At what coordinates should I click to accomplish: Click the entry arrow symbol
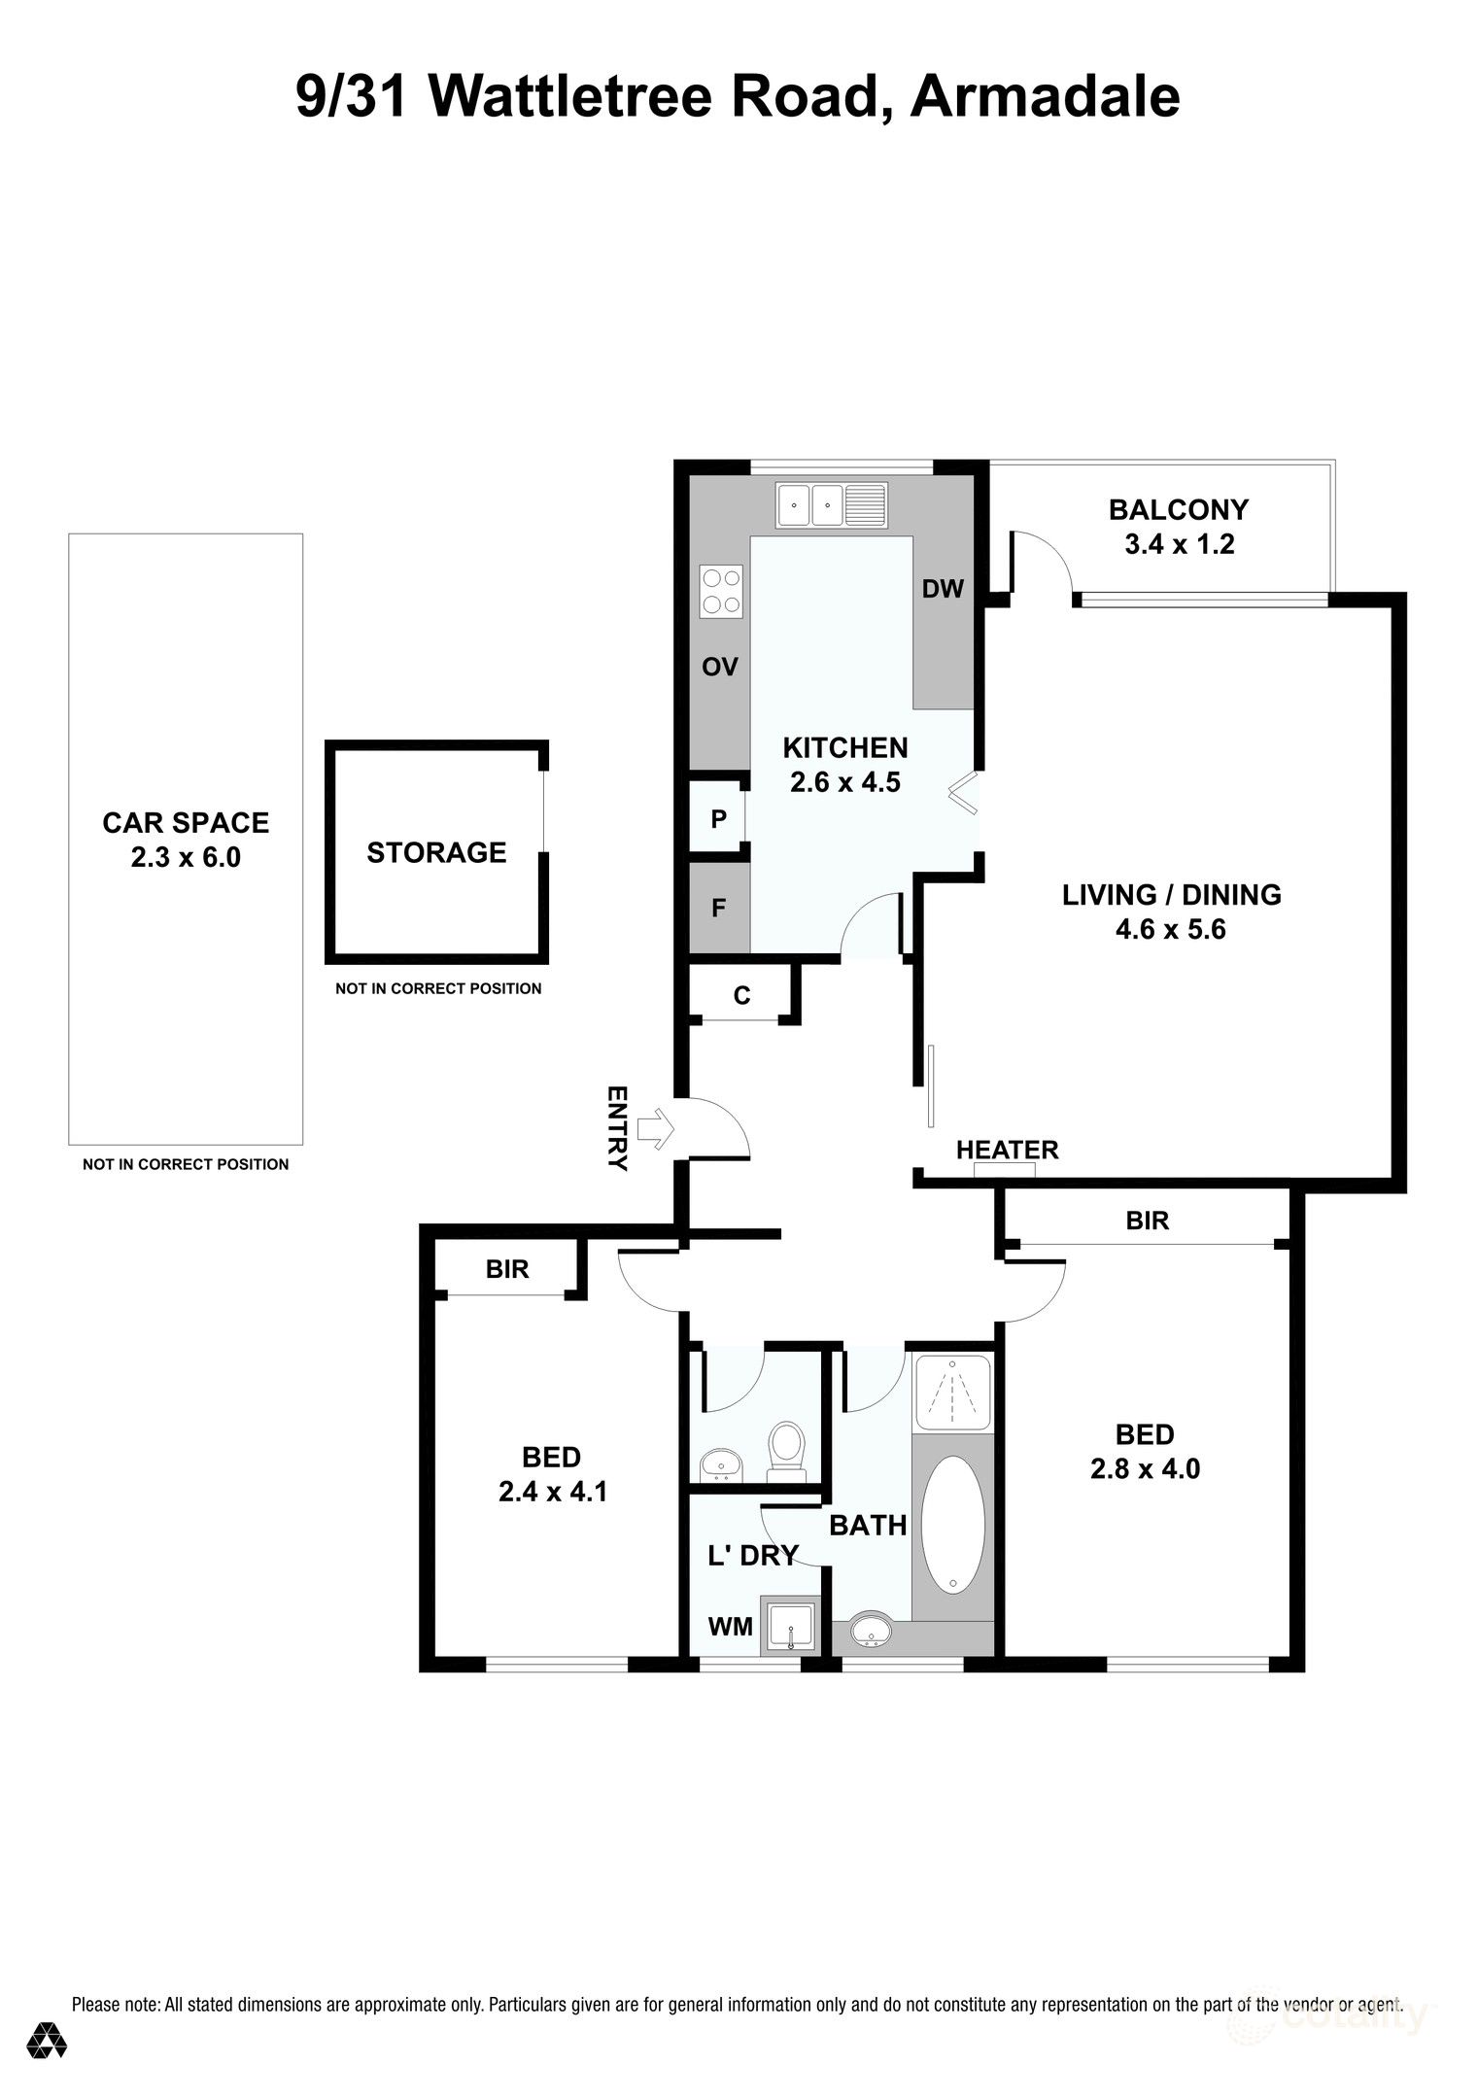(x=657, y=1127)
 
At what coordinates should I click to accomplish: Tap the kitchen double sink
(x=809, y=505)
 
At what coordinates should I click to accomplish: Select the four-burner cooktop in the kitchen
(x=721, y=590)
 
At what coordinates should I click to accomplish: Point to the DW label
(x=942, y=589)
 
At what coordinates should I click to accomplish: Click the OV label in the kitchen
(x=720, y=667)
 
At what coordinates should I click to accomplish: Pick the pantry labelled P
(x=718, y=819)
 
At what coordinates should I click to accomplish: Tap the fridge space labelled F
(x=719, y=909)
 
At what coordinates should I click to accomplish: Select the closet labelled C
(x=742, y=995)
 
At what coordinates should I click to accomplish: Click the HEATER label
(x=1007, y=1150)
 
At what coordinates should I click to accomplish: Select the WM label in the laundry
(x=731, y=1625)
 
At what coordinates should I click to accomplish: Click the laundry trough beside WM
(x=791, y=1626)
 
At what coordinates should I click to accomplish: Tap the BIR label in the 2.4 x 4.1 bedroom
(x=507, y=1269)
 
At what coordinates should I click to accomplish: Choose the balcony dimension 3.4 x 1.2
(x=1179, y=544)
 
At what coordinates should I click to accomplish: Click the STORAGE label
(x=436, y=852)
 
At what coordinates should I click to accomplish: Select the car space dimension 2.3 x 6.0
(x=186, y=858)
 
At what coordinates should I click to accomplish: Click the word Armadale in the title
(x=1045, y=97)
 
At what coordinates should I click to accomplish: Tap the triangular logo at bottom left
(x=47, y=2041)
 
